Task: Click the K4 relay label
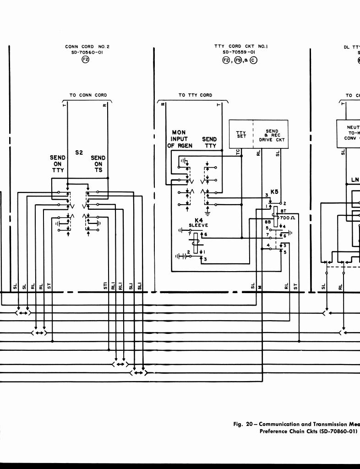[x=198, y=220]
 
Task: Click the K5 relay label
[x=274, y=192]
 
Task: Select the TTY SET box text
[x=241, y=134]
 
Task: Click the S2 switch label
[x=79, y=153]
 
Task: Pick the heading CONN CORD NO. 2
[x=87, y=46]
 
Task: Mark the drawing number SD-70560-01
[x=87, y=52]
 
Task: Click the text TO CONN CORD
[x=88, y=95]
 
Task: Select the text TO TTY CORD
[x=196, y=95]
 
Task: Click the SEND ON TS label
[x=98, y=164]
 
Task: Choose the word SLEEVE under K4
[x=198, y=225]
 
